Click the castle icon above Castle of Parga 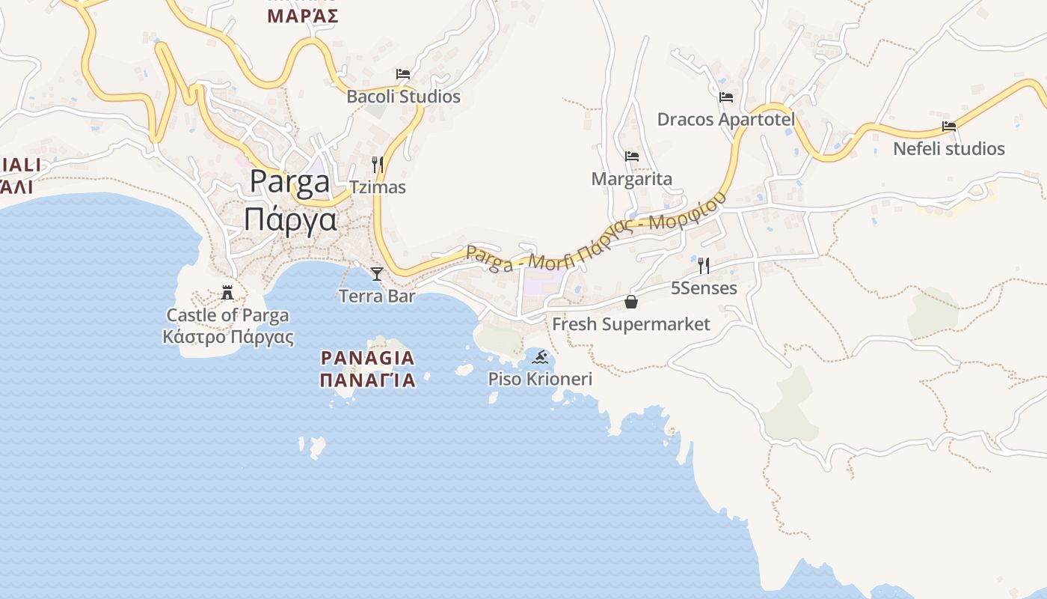click(227, 292)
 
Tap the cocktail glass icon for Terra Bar click(377, 273)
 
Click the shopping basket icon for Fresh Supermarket click(631, 302)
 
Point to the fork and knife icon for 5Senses click(703, 265)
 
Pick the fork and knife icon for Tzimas click(378, 164)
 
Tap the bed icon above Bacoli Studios click(403, 74)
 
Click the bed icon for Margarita click(632, 156)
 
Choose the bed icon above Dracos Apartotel click(725, 97)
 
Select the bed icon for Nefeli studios click(949, 127)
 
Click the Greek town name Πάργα click(291, 220)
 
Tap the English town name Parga click(290, 182)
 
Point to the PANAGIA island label click(367, 358)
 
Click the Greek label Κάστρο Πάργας click(228, 337)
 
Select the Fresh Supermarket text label click(631, 324)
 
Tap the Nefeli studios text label click(949, 149)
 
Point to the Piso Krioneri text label click(540, 379)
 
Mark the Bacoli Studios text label click(403, 97)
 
